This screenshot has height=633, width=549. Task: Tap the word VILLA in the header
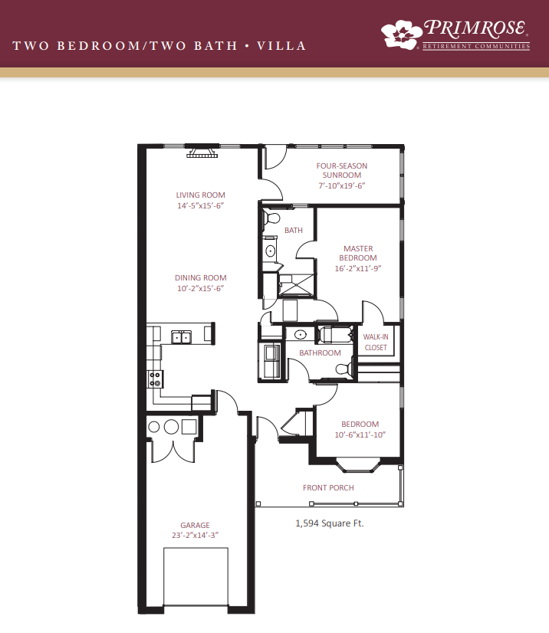pos(281,46)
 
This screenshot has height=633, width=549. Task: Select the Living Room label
pos(200,195)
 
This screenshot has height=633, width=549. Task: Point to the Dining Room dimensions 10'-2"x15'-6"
pos(200,288)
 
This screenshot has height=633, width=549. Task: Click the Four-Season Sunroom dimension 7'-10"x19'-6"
pos(342,185)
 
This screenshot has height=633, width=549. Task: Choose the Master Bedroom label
pos(358,253)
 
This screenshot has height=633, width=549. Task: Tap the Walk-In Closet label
pos(376,342)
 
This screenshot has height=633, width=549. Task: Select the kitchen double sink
pos(182,337)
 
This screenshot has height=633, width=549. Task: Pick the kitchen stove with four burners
pos(155,379)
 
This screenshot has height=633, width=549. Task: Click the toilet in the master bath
pos(271,218)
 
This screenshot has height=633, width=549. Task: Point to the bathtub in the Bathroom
pos(335,335)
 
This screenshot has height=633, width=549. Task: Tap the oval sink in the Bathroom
pos(300,335)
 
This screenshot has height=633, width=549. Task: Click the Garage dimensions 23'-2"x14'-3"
pos(195,535)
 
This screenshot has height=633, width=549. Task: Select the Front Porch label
pos(328,487)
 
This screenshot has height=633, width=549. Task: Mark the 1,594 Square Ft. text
pos(330,523)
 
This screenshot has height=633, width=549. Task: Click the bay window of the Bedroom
pos(359,464)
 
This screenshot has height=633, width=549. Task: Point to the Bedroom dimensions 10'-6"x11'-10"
pos(360,435)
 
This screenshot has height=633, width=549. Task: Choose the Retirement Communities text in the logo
pos(476,47)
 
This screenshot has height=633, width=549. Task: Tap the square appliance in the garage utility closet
pos(189,427)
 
